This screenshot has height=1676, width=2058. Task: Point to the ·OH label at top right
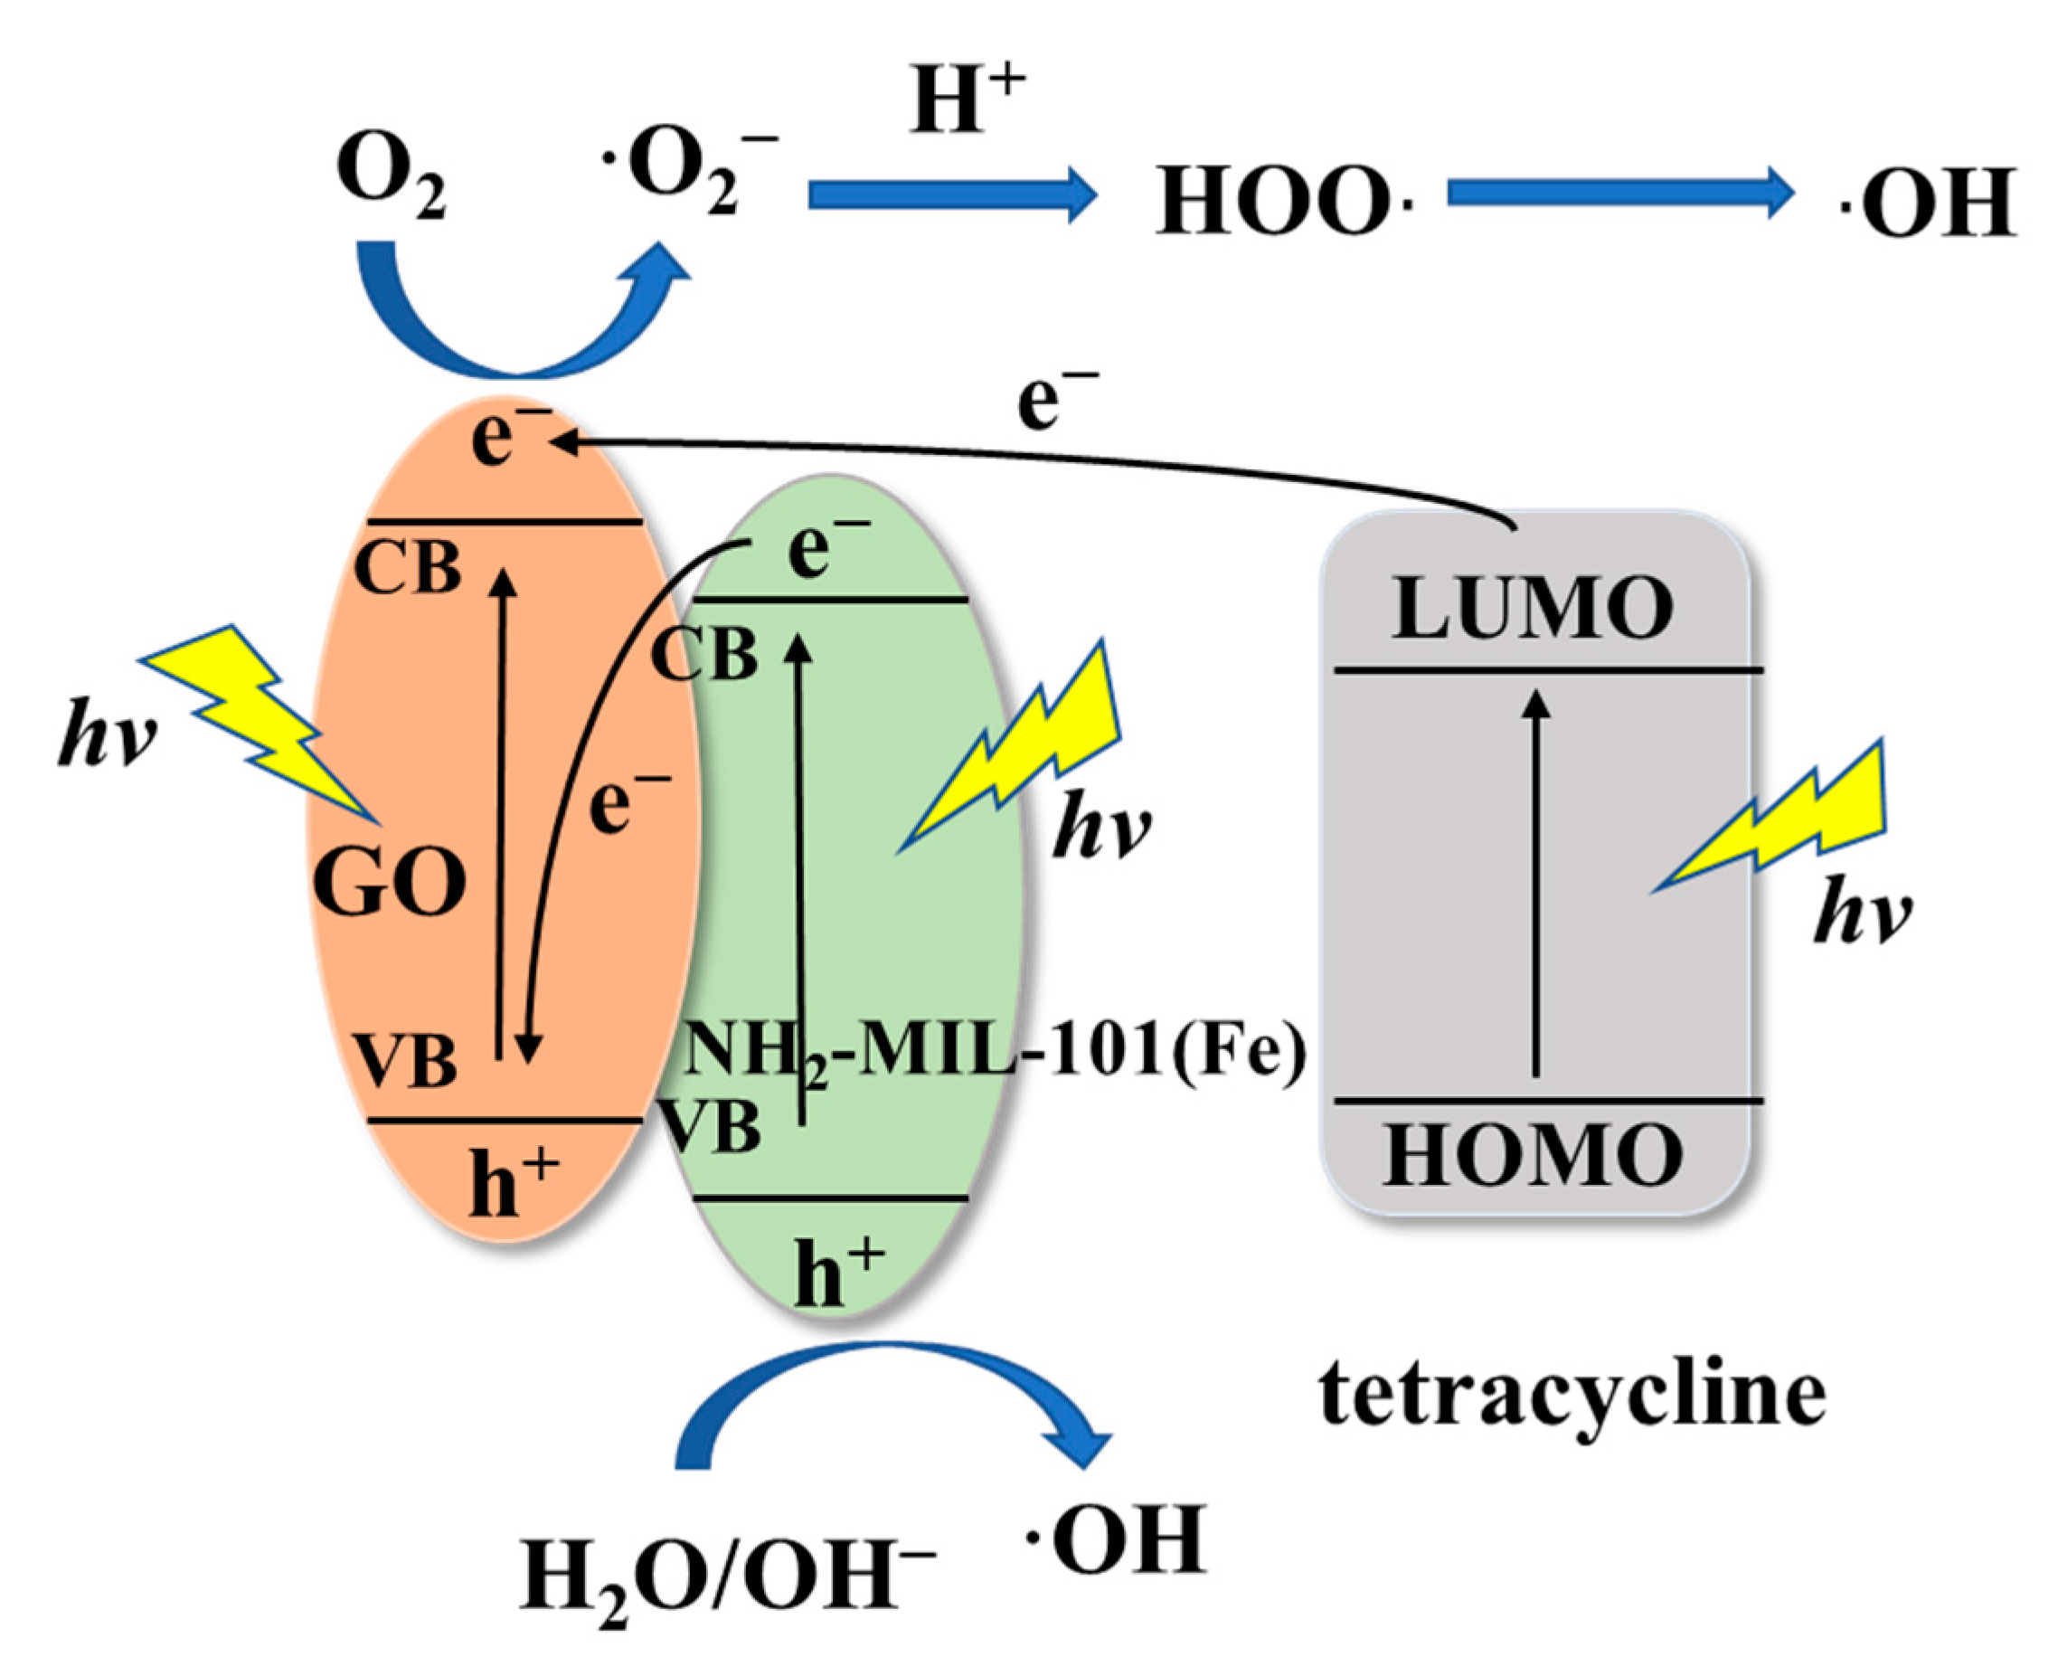click(1927, 202)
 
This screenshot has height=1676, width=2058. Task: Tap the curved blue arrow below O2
click(521, 318)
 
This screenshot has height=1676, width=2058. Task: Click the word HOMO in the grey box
click(1533, 1156)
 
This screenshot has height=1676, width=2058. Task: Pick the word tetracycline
click(1572, 1394)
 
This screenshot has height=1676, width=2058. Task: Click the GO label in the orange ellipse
click(390, 885)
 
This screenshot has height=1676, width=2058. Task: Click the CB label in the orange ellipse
click(408, 569)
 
